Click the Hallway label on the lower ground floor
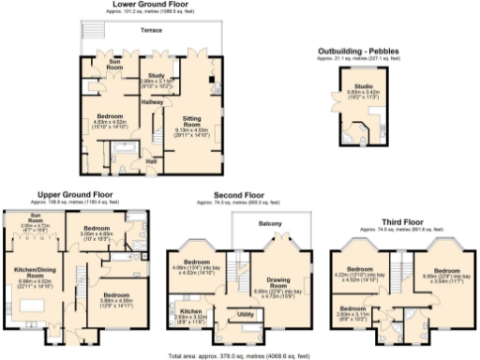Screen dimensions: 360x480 pos(152,101)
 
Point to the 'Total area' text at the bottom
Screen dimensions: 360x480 pos(240,356)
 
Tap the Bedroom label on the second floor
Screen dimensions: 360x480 pos(196,262)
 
